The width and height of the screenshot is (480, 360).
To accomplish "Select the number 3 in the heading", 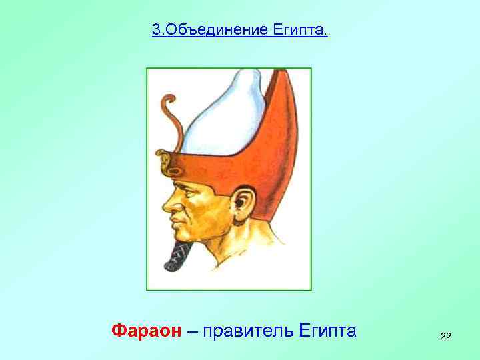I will tap(156, 30).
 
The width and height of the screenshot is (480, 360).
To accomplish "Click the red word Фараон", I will tap(146, 330).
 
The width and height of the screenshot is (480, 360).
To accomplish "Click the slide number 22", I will tap(445, 337).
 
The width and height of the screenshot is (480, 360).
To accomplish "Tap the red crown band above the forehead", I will tap(200, 163).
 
